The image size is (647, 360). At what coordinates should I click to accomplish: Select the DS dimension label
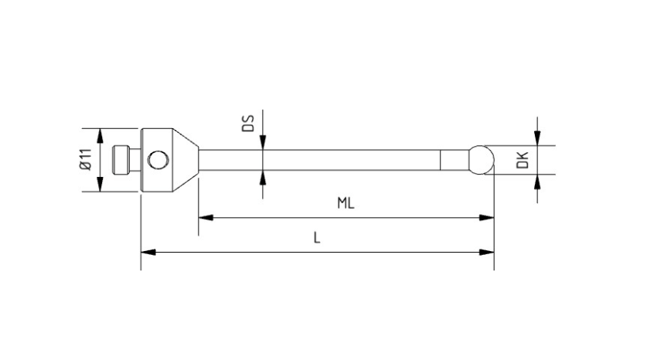click(x=248, y=123)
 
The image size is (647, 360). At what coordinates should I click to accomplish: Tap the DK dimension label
click(x=523, y=160)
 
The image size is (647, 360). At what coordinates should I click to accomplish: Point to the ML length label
click(x=345, y=203)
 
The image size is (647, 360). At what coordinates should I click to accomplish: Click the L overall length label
click(x=316, y=238)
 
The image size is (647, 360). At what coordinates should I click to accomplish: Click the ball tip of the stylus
click(x=481, y=160)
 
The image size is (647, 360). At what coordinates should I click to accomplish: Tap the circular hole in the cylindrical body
click(x=158, y=160)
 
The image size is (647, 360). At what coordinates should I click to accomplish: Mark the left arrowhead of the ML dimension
click(x=206, y=218)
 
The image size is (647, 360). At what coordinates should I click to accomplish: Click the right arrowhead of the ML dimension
click(x=487, y=218)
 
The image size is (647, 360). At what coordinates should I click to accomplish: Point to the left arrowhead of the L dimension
click(x=148, y=252)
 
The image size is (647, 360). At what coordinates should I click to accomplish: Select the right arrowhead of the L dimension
click(x=487, y=252)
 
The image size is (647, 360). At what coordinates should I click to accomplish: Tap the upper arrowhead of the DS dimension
click(x=263, y=142)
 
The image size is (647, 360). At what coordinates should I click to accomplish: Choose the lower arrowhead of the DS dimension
click(x=263, y=178)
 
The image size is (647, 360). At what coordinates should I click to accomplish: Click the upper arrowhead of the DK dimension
click(x=537, y=138)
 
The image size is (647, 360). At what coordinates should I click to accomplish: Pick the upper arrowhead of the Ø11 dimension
click(x=99, y=134)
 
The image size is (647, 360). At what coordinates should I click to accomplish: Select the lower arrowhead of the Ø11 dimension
click(x=99, y=185)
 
